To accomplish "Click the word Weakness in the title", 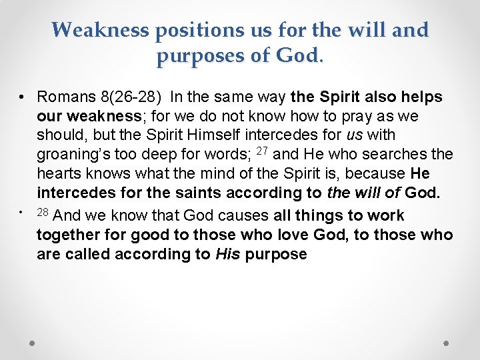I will [101, 30].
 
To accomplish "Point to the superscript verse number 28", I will [43, 212].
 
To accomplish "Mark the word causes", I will [246, 215].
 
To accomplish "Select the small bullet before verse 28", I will [21, 211].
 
